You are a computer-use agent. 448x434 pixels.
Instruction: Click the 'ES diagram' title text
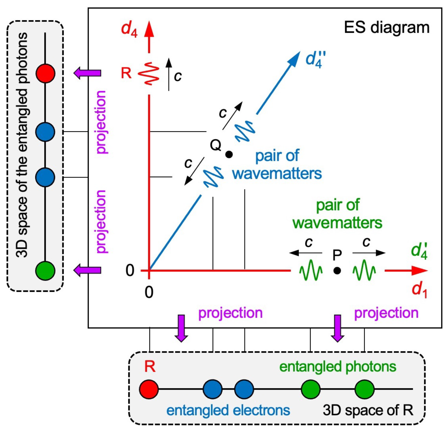tap(387, 28)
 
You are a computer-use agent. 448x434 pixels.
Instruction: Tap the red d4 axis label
tap(129, 29)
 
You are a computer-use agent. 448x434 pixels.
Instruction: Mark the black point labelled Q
tap(229, 154)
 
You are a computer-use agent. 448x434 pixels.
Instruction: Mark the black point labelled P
tap(337, 270)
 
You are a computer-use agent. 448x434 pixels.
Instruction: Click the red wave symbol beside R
tap(149, 74)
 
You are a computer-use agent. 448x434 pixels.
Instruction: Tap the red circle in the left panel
tap(45, 73)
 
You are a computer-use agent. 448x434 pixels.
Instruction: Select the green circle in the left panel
tap(45, 270)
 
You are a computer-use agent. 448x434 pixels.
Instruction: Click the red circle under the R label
tap(149, 389)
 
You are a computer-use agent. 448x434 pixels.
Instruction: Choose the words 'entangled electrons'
tap(228, 410)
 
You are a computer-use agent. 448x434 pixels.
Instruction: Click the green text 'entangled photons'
tap(338, 367)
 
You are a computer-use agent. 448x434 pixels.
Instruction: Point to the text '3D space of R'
tap(368, 410)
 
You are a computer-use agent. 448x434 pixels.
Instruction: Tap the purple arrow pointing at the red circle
tap(87, 73)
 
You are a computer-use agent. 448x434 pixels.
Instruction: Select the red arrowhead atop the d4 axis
tap(149, 30)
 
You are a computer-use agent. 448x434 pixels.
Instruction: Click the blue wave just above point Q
tap(245, 132)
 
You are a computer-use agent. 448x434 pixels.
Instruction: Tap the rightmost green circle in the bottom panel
tap(364, 389)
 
